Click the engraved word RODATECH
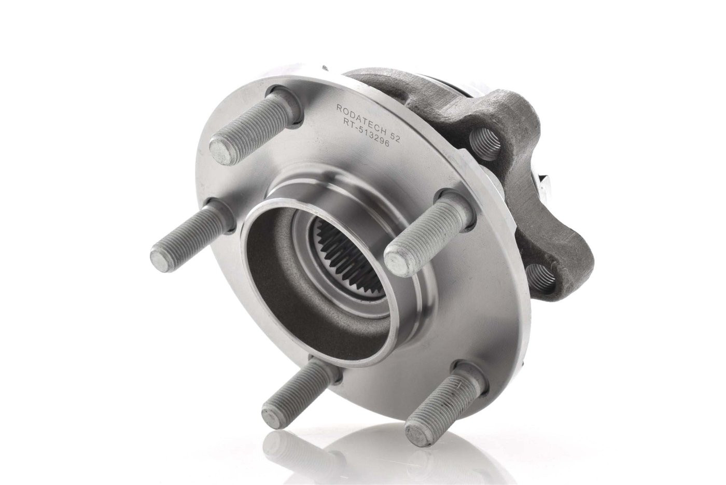[x=359, y=118]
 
